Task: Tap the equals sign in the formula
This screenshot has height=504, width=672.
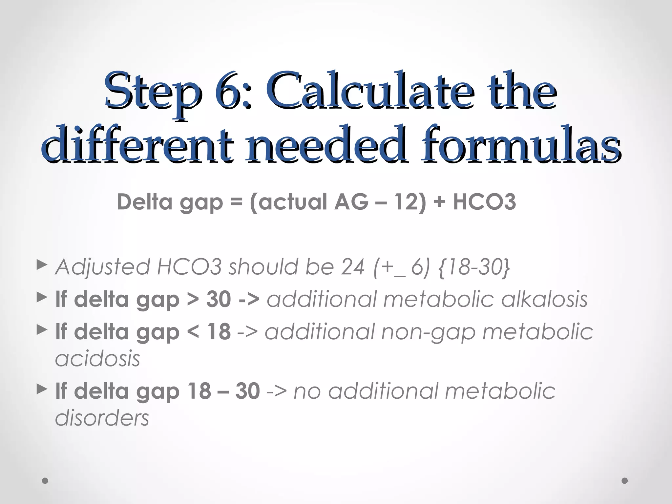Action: click(237, 202)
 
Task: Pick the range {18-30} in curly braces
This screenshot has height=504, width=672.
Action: click(474, 267)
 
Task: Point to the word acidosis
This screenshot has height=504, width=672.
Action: click(97, 358)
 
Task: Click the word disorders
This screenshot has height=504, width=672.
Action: click(102, 418)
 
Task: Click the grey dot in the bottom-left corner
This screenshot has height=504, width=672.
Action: click(45, 481)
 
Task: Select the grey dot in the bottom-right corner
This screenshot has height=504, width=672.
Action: click(625, 481)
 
